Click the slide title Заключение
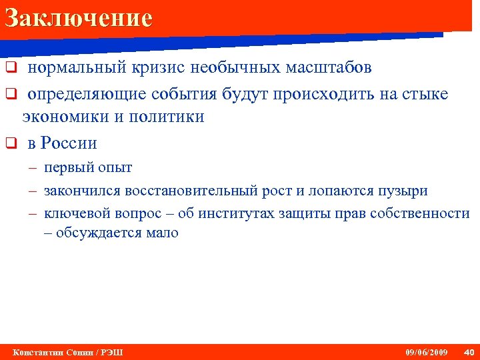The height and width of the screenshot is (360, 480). coord(78,18)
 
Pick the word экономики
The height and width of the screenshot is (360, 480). coord(61,117)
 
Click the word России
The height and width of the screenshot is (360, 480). coord(69,143)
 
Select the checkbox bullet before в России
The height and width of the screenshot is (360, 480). coord(10,143)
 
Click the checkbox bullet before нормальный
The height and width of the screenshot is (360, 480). coord(10,68)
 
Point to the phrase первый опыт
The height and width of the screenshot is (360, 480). coord(88,167)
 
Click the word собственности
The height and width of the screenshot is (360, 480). coord(420,213)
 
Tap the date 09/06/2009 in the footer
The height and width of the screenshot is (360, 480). coord(427,352)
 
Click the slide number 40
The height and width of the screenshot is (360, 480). coord(468,352)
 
